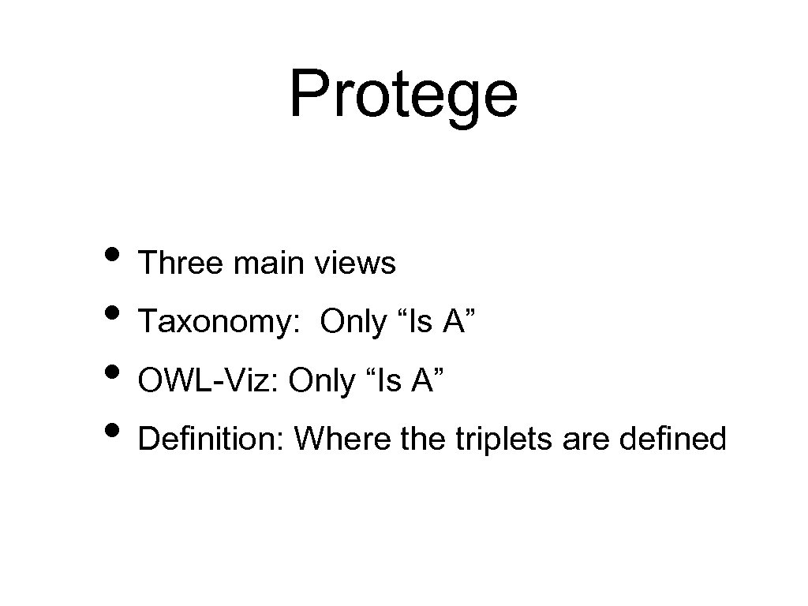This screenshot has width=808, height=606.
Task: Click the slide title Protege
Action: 403,95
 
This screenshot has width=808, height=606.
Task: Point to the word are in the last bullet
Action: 586,439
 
